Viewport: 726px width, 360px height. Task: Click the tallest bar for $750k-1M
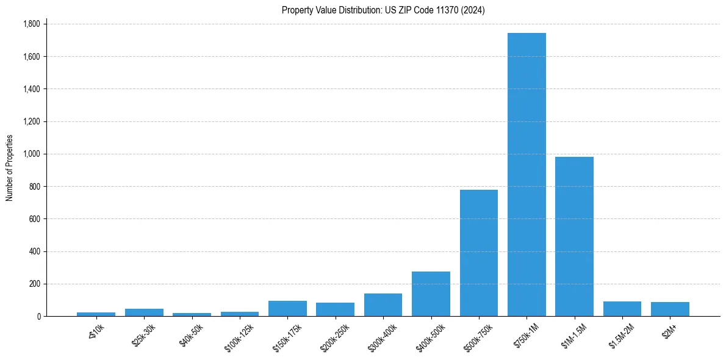[527, 175]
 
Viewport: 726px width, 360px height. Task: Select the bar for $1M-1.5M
[574, 237]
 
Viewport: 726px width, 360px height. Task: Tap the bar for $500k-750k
[479, 253]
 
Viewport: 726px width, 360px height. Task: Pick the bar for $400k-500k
[431, 294]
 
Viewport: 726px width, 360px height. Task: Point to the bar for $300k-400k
[383, 305]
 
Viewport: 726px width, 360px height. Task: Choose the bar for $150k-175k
[287, 309]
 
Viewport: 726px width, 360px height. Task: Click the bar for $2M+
[670, 309]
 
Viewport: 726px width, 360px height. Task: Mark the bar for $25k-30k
[144, 312]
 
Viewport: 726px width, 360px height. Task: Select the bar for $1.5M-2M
[622, 309]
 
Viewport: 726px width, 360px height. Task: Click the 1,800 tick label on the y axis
[32, 24]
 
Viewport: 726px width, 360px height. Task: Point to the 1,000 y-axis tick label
[32, 154]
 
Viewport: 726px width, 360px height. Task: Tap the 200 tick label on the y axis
[35, 284]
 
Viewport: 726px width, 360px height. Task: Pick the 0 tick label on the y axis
[38, 317]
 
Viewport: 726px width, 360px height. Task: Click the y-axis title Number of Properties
[9, 168]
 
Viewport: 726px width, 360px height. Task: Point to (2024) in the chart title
[475, 10]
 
